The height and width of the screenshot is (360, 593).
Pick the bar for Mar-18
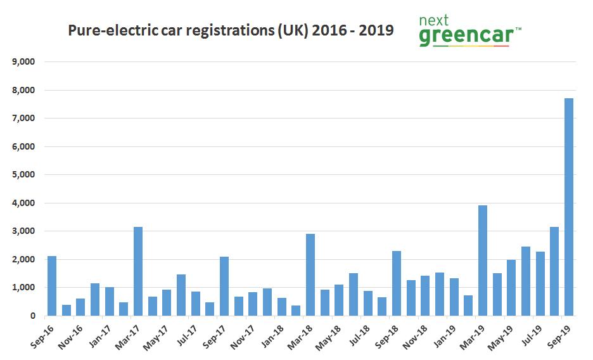point(310,275)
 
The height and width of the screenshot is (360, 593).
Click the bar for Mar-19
point(483,260)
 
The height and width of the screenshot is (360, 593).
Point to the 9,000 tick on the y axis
point(22,62)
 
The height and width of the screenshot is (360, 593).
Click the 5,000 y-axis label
point(22,175)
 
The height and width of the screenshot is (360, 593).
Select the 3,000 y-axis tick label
point(22,231)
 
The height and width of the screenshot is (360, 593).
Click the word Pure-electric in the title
point(107,30)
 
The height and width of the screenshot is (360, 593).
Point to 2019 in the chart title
point(376,30)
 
